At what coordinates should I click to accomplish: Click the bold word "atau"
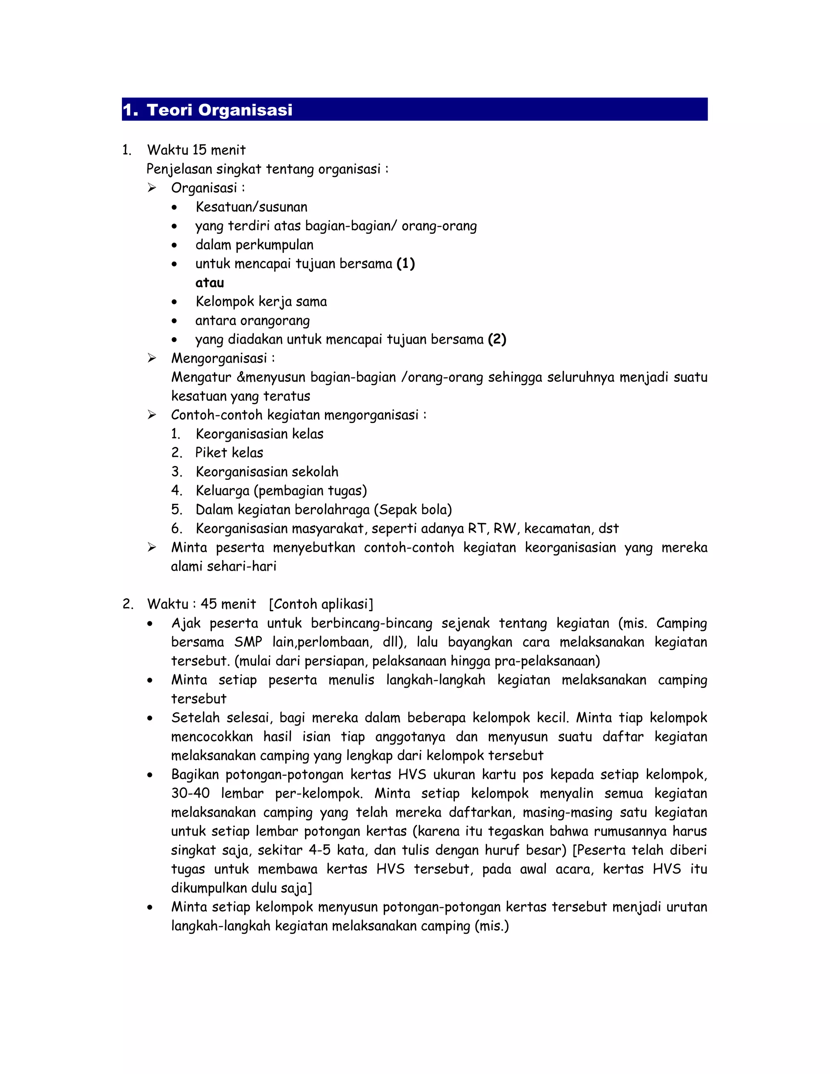(x=210, y=283)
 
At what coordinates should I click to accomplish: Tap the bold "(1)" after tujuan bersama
(x=406, y=263)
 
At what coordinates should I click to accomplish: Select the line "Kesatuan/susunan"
(x=251, y=207)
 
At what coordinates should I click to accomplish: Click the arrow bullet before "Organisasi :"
(x=152, y=188)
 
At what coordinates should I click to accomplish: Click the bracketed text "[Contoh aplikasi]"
(x=321, y=604)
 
